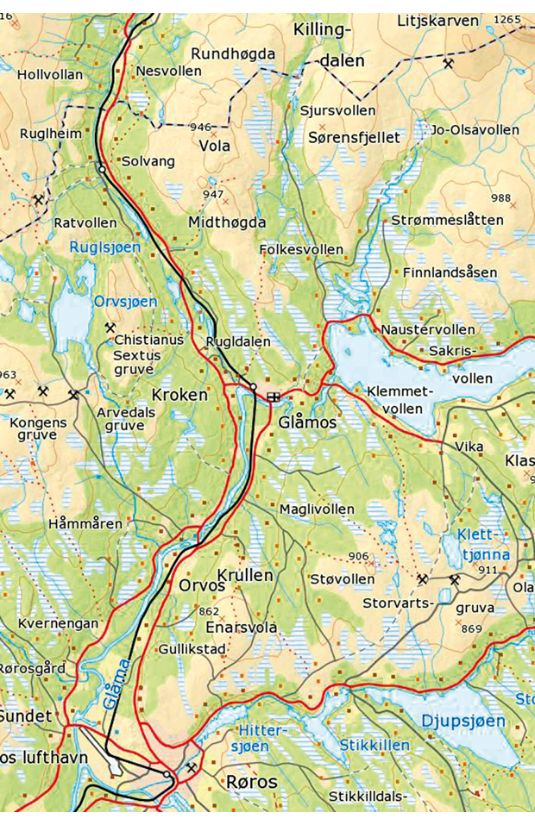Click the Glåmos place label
(308, 423)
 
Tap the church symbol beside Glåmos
(274, 397)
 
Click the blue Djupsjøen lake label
(463, 720)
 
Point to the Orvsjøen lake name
(126, 301)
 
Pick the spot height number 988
(500, 198)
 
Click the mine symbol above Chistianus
(110, 327)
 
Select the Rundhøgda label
(232, 54)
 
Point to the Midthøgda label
(227, 222)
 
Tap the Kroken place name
(179, 395)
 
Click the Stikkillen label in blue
(374, 744)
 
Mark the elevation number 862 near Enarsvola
(209, 611)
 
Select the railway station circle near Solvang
(102, 170)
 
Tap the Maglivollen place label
(317, 509)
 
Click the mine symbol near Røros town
(191, 766)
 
